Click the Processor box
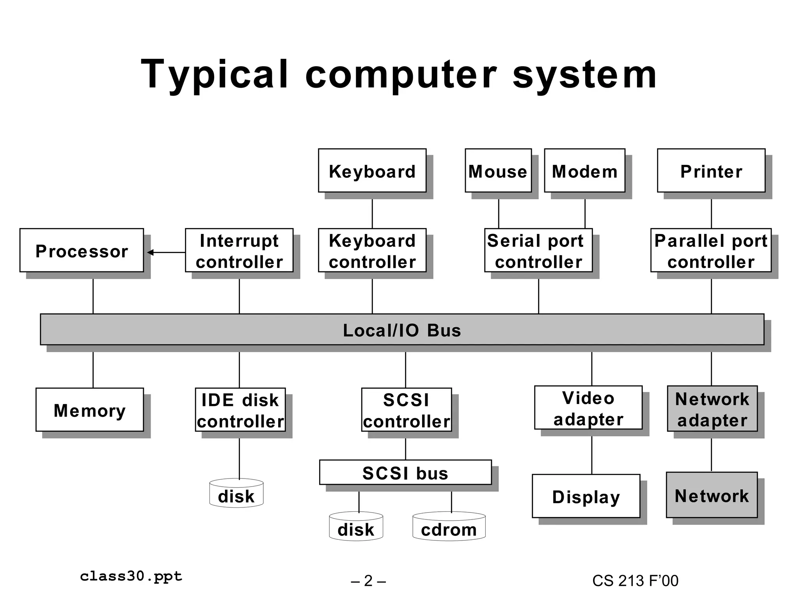[82, 250]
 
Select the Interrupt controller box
[239, 250]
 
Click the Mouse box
[498, 171]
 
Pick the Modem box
[584, 171]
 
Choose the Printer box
[711, 171]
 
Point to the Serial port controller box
[538, 250]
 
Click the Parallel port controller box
[711, 250]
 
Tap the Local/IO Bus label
[402, 330]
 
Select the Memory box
[90, 410]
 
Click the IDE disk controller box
[240, 410]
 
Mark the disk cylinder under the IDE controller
[236, 494]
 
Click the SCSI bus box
[405, 473]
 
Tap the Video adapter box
[588, 408]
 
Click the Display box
[586, 496]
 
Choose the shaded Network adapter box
[712, 409]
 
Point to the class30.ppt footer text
[131, 576]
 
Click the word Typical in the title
[215, 74]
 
